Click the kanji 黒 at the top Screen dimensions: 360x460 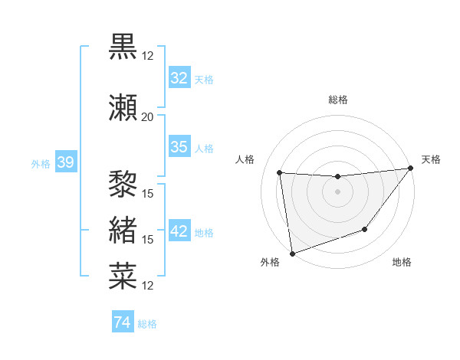point(123,47)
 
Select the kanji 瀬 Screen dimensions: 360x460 point(123,107)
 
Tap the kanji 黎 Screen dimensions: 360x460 point(123,185)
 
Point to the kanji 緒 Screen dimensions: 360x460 point(123,230)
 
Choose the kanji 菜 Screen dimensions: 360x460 point(123,276)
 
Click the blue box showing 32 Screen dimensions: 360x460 point(179,78)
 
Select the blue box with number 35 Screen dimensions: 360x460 point(179,147)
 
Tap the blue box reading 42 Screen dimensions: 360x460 point(179,231)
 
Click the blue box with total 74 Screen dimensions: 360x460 point(123,322)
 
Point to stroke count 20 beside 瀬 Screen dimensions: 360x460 point(147,117)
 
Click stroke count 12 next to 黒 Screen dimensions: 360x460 point(148,56)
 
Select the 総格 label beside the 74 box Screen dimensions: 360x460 point(147,324)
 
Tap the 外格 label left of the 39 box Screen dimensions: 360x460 point(41,163)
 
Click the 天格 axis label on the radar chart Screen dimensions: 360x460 point(431,159)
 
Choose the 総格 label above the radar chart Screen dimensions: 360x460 point(338,100)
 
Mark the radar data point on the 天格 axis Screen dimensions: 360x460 point(411,169)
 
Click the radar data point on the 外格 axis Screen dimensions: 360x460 point(292,253)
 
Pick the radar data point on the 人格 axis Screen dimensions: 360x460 point(280,173)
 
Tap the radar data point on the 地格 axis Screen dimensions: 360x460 point(365,229)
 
